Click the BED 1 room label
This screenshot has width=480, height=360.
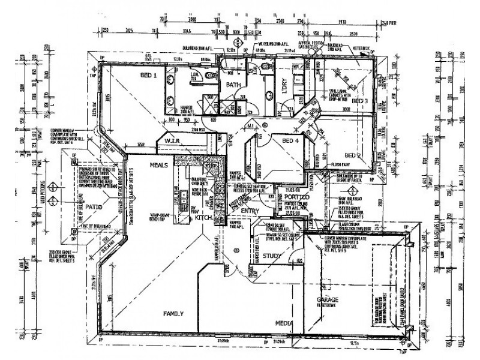[148, 76]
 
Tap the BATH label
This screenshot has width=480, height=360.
[233, 85]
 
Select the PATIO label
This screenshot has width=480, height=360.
[95, 207]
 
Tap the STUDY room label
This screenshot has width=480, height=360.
[272, 256]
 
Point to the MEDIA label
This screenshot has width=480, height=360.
[284, 323]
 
